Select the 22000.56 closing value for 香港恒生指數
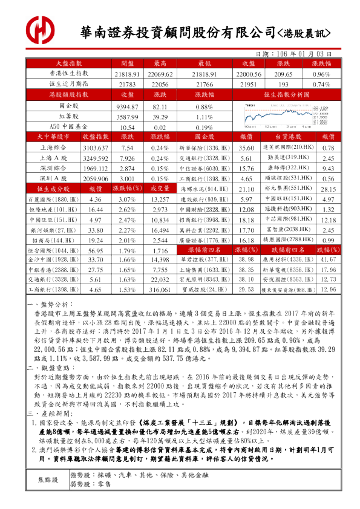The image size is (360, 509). coord(247,74)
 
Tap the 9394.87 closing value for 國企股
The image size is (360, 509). coord(127,106)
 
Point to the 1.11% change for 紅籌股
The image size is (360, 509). coord(204,117)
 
